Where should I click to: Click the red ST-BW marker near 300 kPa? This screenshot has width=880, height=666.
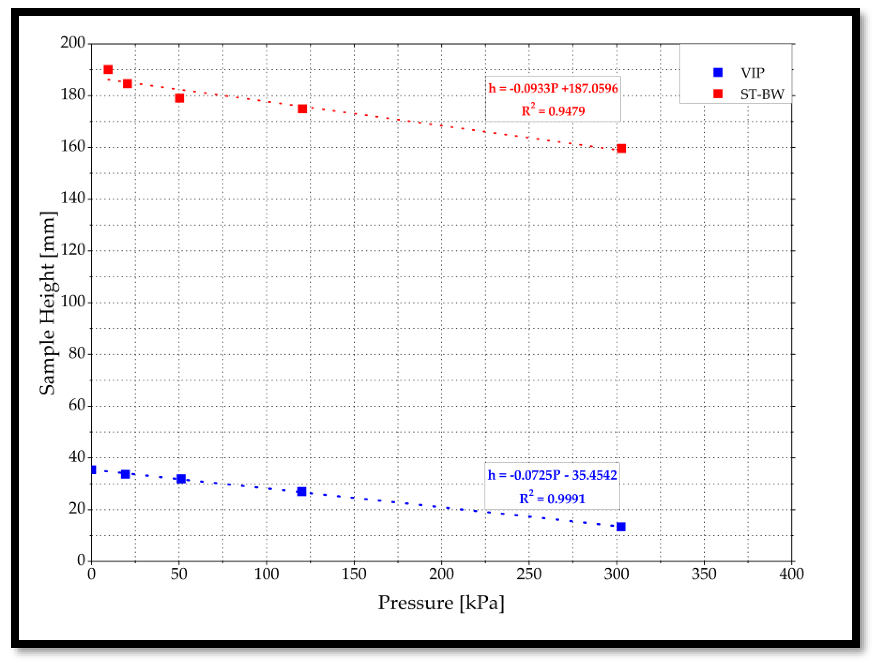click(x=621, y=148)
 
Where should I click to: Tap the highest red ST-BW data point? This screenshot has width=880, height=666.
click(x=108, y=70)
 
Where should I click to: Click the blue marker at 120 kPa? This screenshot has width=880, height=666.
click(x=302, y=491)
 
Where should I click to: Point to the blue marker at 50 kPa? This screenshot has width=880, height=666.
click(x=181, y=479)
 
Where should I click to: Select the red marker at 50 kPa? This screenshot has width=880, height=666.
click(x=179, y=98)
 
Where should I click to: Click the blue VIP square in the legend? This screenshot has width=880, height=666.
click(x=718, y=72)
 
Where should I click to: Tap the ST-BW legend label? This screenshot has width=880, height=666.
click(x=762, y=94)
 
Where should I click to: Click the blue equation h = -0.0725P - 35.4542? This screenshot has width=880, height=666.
click(x=552, y=475)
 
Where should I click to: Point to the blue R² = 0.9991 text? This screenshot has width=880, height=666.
click(x=552, y=498)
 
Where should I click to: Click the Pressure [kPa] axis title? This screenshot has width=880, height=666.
click(x=441, y=603)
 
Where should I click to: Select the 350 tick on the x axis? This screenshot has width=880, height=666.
click(x=704, y=574)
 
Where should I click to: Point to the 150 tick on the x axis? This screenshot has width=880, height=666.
click(x=354, y=574)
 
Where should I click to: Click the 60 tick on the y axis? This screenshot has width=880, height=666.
click(x=77, y=405)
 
